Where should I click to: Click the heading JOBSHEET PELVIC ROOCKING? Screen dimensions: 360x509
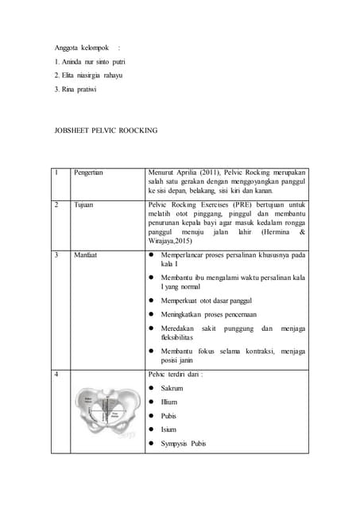(106, 130)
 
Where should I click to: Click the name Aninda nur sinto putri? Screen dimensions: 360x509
(90, 61)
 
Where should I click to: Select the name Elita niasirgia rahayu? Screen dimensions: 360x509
(88, 75)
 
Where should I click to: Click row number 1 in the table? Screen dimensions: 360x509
(57, 172)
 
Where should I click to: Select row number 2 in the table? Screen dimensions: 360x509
(57, 204)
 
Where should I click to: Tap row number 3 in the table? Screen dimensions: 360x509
(57, 255)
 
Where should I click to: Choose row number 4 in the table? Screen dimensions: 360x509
(57, 373)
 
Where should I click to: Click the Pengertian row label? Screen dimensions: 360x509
(88, 172)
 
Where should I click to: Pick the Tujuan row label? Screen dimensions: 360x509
(83, 204)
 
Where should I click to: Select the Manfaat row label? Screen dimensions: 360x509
(86, 255)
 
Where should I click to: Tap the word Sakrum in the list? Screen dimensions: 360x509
(172, 388)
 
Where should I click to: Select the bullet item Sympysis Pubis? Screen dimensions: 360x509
(183, 444)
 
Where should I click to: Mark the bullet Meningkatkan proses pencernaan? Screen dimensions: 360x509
(207, 316)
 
